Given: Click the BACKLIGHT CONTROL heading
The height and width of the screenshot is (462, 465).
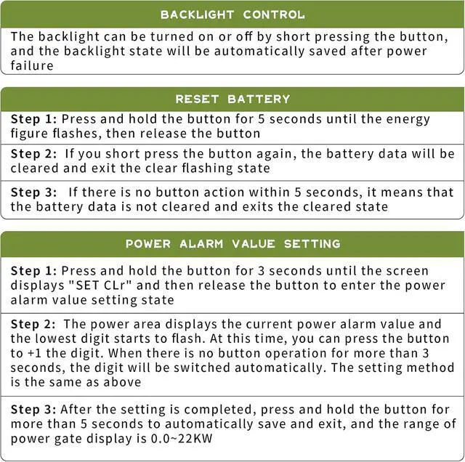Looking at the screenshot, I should (232, 15).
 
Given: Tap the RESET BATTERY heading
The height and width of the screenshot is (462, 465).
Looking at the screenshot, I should (232, 99).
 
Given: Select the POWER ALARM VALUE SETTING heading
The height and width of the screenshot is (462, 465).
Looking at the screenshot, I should (232, 243).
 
